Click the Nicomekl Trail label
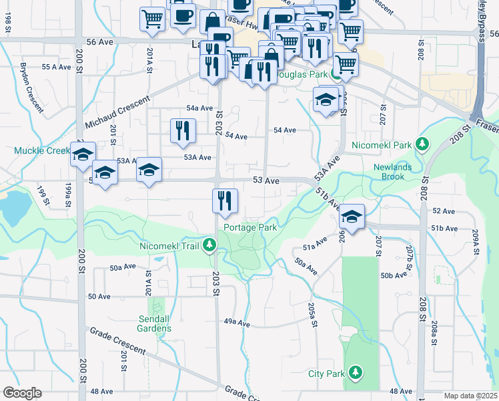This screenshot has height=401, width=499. (170, 246)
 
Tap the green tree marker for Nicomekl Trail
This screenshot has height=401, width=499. (210, 246)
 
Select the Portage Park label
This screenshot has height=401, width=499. (250, 227)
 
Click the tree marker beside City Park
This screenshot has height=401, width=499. (356, 372)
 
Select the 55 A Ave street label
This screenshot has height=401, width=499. (56, 67)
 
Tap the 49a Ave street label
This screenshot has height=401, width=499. (236, 322)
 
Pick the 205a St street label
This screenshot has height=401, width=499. (311, 311)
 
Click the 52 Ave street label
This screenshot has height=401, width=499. (443, 211)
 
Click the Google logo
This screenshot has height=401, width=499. (22, 393)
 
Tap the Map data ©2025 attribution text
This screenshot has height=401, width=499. (471, 396)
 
